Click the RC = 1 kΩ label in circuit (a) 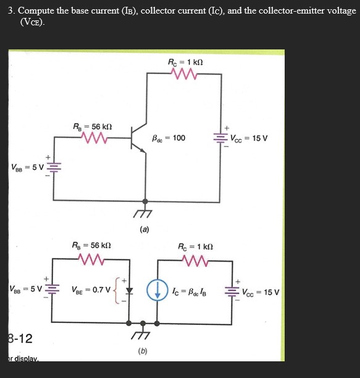(x=186, y=62)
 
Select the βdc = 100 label (x=168, y=138)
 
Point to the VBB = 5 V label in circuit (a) (x=25, y=167)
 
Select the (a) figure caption (x=144, y=229)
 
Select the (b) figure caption (x=144, y=351)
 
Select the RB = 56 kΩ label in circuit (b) (x=92, y=245)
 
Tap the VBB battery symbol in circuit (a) (x=52, y=167)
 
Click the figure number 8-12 (x=20, y=338)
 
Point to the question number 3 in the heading (x=10, y=10)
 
